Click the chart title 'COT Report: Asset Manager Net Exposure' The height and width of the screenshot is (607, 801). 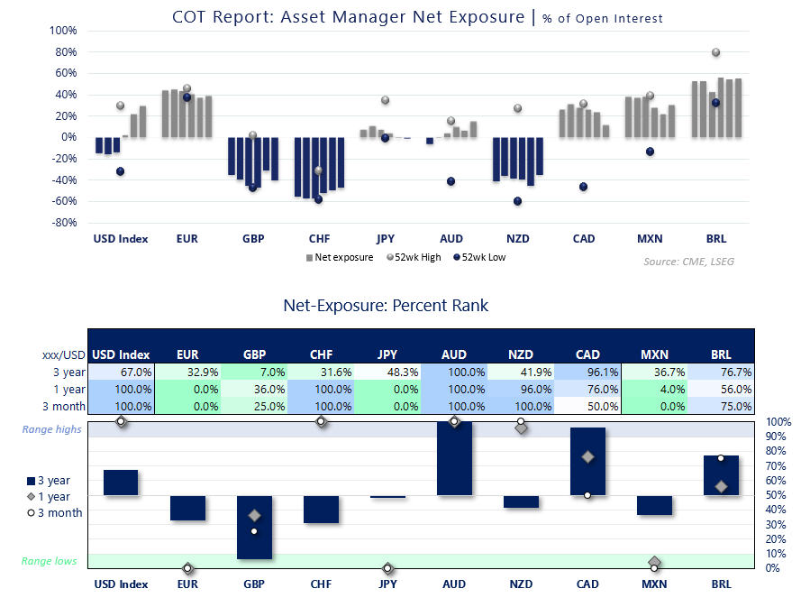point(347,16)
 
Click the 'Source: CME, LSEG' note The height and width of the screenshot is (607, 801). point(689,260)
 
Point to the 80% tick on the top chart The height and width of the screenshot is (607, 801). point(65,51)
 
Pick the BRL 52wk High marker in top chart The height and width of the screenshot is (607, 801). point(716,52)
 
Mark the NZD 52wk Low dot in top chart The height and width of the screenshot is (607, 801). point(517,201)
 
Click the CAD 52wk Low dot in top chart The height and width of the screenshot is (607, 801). point(583,187)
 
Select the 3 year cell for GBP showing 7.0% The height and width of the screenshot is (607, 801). point(255,372)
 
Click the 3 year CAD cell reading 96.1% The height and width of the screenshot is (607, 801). point(587,372)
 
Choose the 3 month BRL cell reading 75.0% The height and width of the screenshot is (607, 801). point(721,406)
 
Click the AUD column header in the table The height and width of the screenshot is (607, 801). point(454,354)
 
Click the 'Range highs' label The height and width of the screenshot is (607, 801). point(51,429)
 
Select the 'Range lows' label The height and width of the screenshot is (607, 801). point(50,561)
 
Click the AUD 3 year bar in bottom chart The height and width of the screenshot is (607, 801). point(454,458)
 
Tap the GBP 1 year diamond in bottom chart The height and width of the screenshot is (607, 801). point(255,515)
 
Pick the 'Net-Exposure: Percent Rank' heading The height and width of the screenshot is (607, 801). point(386,306)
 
